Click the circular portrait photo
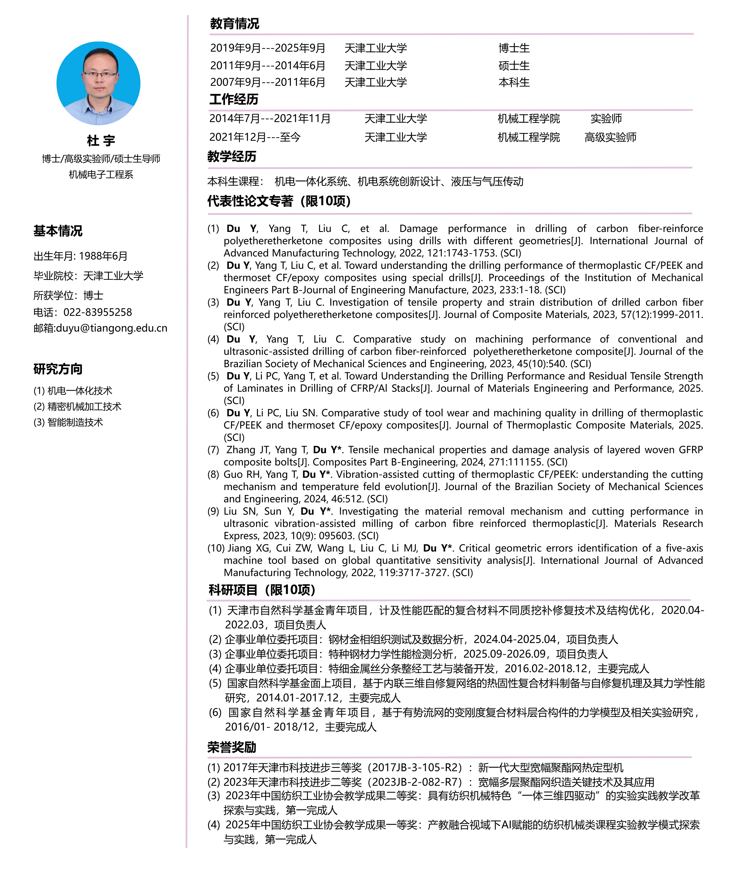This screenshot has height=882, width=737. (x=98, y=83)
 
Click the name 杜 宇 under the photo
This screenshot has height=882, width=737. (x=101, y=140)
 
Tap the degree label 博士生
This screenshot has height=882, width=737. (x=514, y=48)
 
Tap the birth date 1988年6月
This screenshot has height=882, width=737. (x=103, y=256)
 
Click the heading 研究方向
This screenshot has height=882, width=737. (x=58, y=369)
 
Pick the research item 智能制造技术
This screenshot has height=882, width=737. (x=75, y=422)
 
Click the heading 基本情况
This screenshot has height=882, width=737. (x=58, y=231)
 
